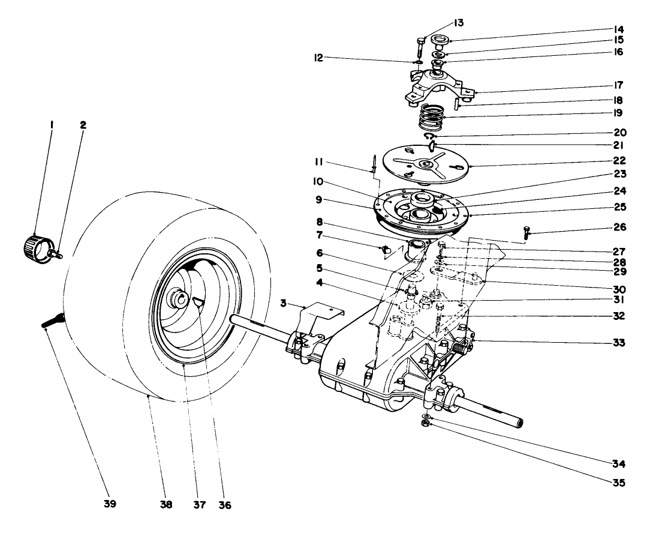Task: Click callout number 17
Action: (617, 85)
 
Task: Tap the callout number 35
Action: (617, 482)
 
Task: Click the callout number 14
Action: (617, 28)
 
